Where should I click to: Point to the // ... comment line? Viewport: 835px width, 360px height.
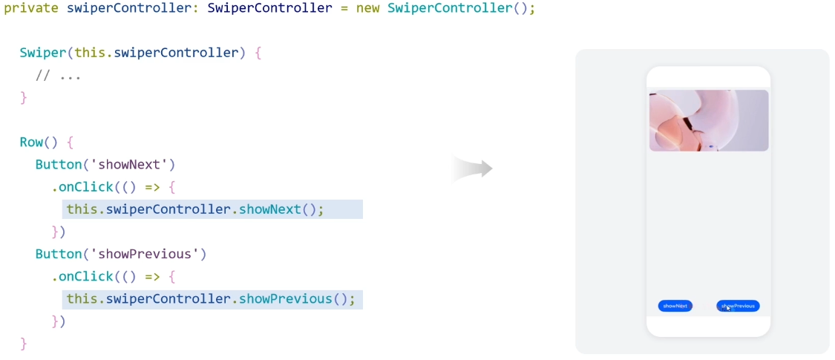[x=58, y=76]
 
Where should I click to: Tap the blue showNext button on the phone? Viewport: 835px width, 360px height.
[x=675, y=306]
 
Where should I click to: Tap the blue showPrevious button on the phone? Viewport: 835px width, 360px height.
[x=738, y=306]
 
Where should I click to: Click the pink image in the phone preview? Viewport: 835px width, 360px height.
[x=708, y=120]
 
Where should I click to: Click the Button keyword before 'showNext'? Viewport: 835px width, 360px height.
[x=58, y=165]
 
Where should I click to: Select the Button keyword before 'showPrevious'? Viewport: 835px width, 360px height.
[x=58, y=254]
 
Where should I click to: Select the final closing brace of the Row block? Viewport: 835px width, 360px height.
[x=23, y=344]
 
